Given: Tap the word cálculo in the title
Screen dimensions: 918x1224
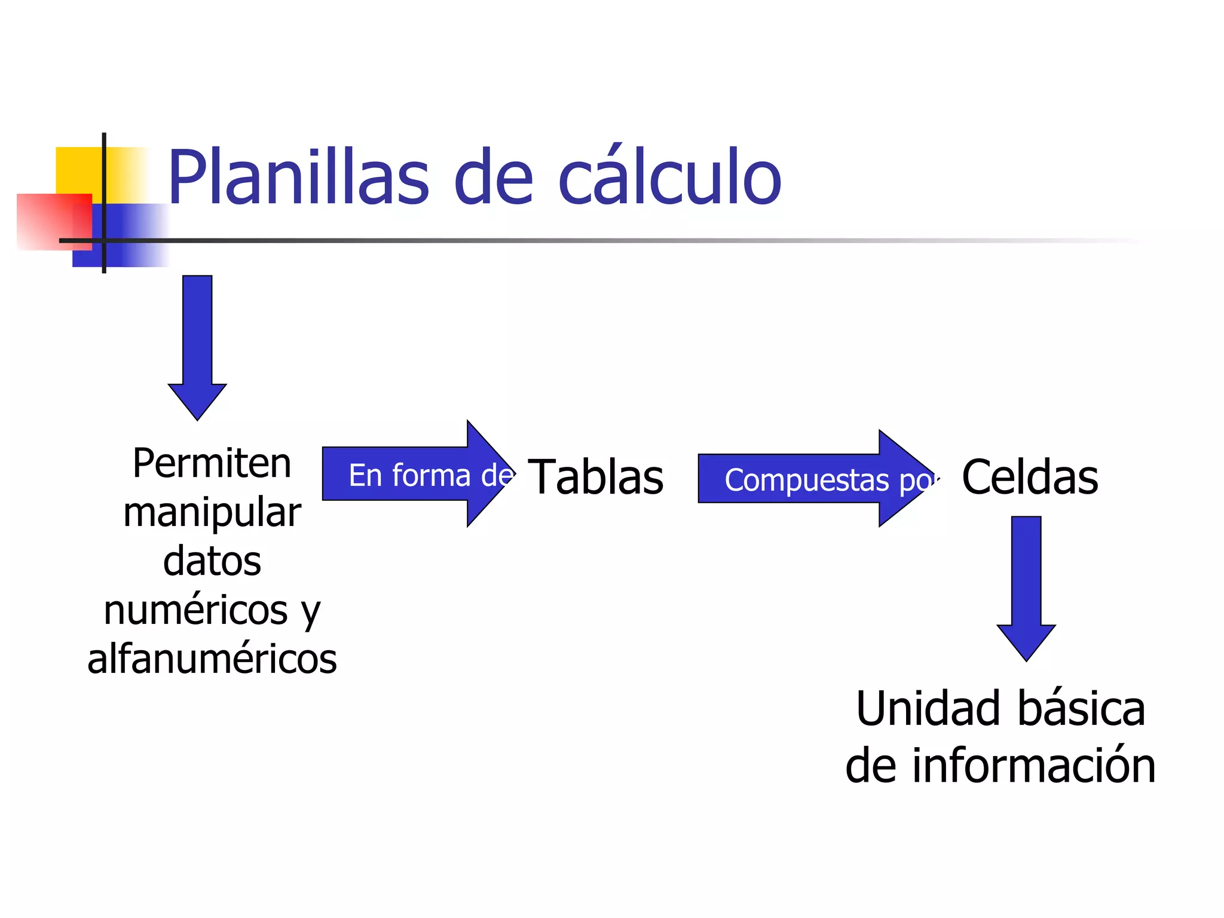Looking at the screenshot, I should (x=669, y=178).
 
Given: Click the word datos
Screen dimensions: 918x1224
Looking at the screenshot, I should (x=212, y=561).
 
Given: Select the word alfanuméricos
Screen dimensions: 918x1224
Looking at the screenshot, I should (x=212, y=659).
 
